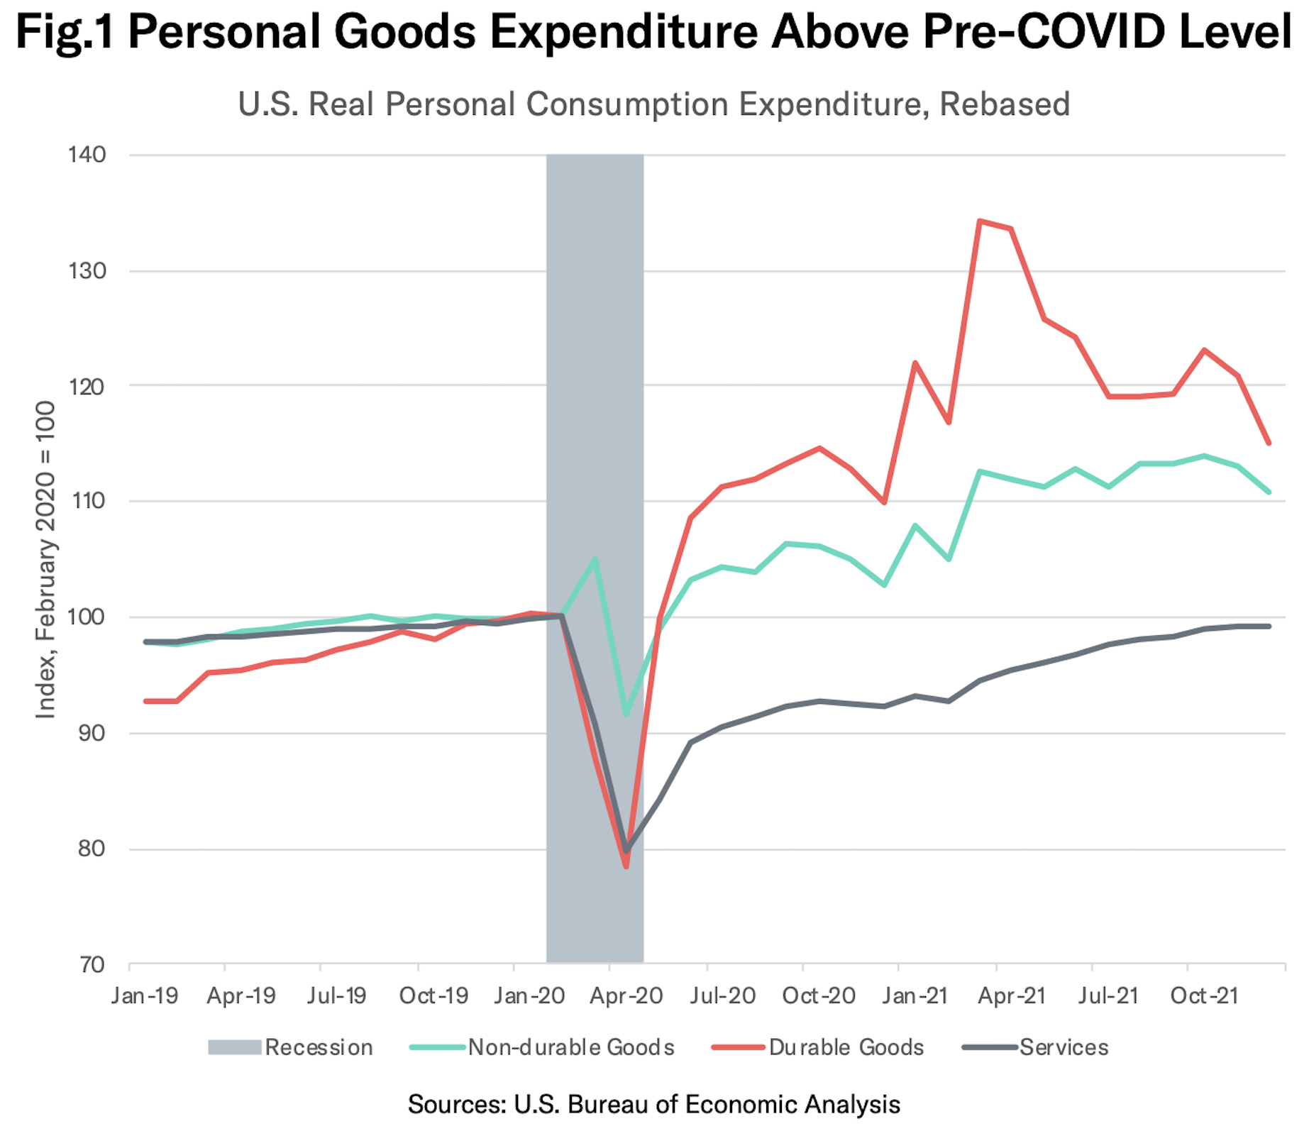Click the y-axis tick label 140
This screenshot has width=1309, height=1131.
[87, 155]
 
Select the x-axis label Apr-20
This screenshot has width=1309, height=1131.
[626, 996]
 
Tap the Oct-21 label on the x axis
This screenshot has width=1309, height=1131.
[1203, 996]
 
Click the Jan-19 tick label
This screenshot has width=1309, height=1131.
[145, 996]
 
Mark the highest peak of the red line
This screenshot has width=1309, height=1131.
[980, 221]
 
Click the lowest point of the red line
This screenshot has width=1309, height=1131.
[626, 866]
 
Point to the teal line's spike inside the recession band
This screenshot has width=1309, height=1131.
[595, 558]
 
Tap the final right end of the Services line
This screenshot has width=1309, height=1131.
[1269, 627]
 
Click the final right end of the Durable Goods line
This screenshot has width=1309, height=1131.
[1269, 443]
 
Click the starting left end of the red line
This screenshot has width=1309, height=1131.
[146, 701]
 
